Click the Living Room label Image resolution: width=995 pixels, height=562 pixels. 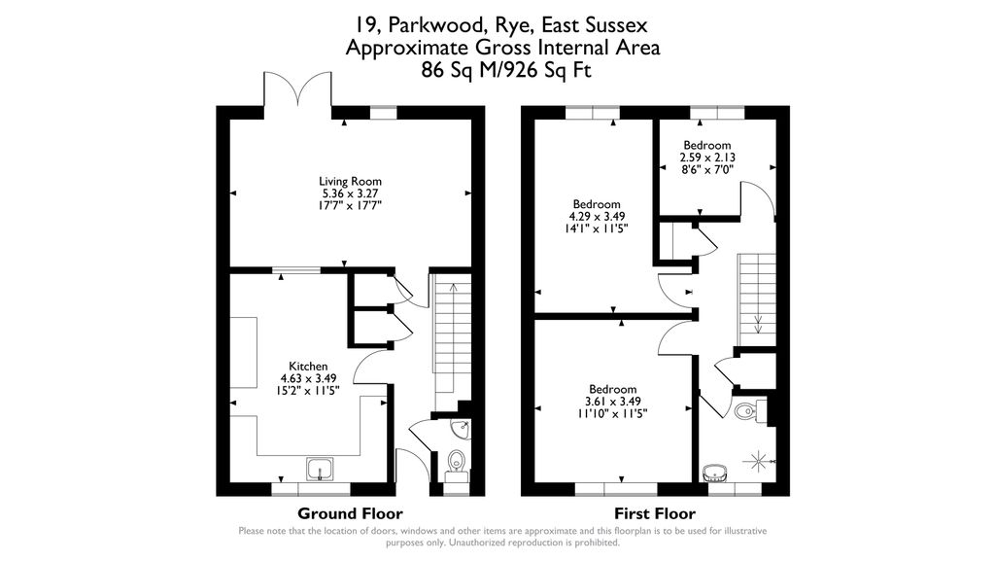pos(350,181)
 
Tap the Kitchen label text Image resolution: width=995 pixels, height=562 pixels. pos(308,366)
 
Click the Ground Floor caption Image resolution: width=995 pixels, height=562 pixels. pos(350,513)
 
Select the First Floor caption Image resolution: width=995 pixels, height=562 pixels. pos(655,513)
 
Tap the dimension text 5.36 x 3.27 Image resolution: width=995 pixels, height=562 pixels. pos(350,193)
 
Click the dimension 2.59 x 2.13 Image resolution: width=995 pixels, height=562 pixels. pos(706,157)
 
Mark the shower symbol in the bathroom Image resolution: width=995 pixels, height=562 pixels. pos(758,459)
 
